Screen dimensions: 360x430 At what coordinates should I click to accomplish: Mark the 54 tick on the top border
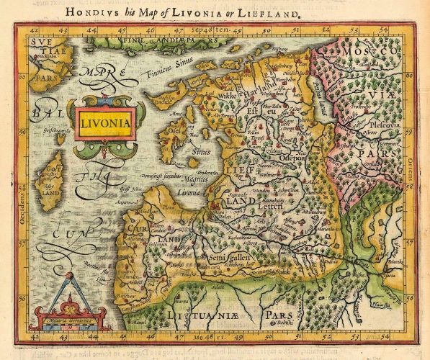pos(384,31)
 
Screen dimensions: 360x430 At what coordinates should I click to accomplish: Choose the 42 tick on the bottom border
pos(35,336)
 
